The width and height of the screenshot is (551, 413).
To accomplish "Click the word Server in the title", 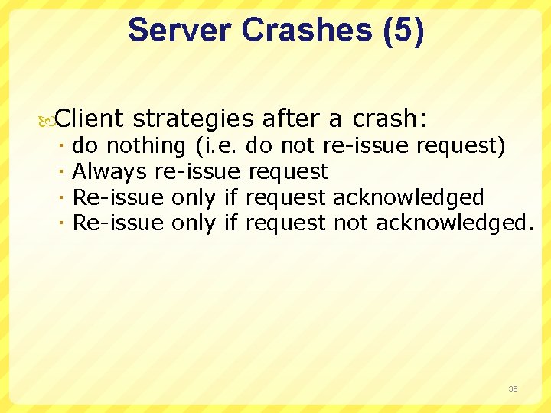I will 180,31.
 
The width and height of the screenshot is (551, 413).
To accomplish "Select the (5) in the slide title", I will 399,31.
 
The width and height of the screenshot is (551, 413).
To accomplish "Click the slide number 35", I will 513,389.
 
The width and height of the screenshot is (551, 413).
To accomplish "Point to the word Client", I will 90,119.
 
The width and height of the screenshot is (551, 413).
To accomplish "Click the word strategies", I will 192,119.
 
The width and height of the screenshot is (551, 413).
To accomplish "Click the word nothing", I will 145,145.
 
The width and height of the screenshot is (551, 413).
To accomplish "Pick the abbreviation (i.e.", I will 217,145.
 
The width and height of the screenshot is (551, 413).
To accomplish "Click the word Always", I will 110,171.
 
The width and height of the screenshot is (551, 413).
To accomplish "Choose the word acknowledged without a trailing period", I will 408,197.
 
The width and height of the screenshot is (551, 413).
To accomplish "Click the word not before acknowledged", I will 351,223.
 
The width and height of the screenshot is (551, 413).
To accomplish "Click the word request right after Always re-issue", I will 288,171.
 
